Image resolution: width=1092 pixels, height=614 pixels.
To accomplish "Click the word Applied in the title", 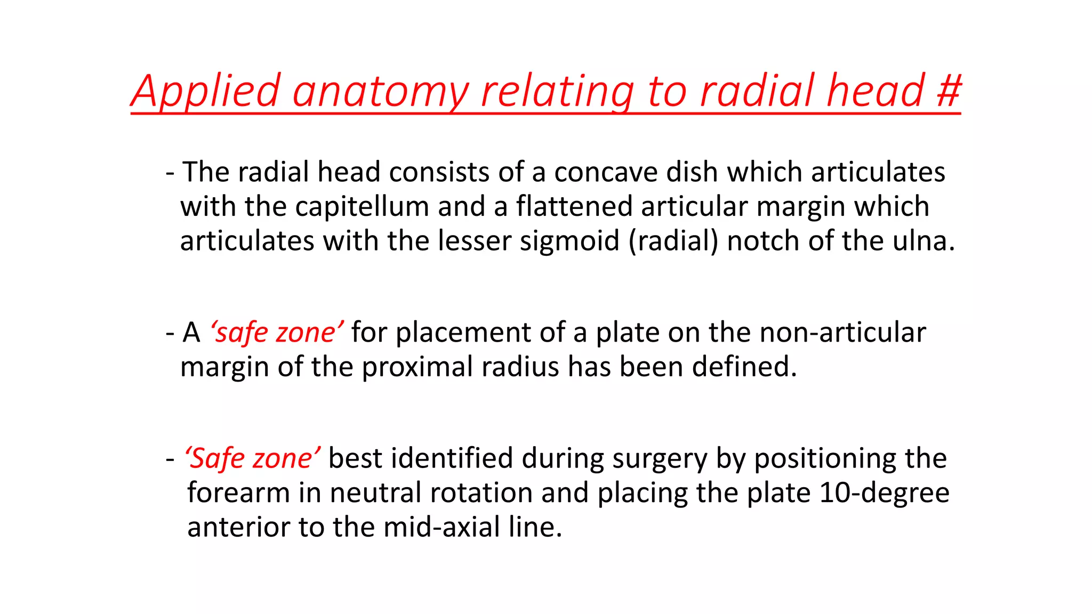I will click(x=206, y=91).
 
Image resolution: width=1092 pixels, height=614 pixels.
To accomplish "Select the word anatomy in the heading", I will click(x=380, y=91).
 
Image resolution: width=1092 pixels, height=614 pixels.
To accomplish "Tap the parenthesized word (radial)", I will click(x=673, y=241).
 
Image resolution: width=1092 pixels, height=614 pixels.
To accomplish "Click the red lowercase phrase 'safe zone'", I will click(x=276, y=333).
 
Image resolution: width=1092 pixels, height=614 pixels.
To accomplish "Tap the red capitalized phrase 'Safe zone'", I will click(x=252, y=458).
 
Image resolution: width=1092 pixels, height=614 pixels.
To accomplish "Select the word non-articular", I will click(x=842, y=333).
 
